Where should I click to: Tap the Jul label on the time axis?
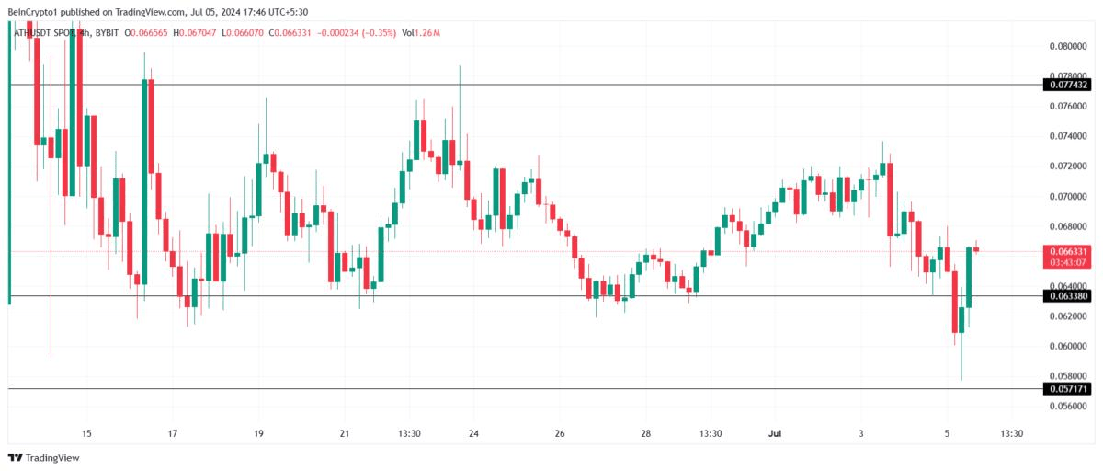[x=774, y=433]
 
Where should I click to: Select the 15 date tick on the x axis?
[x=86, y=433]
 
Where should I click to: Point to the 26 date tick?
[x=559, y=433]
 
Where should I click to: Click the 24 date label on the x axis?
[x=473, y=433]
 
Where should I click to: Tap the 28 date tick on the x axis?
[x=645, y=433]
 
